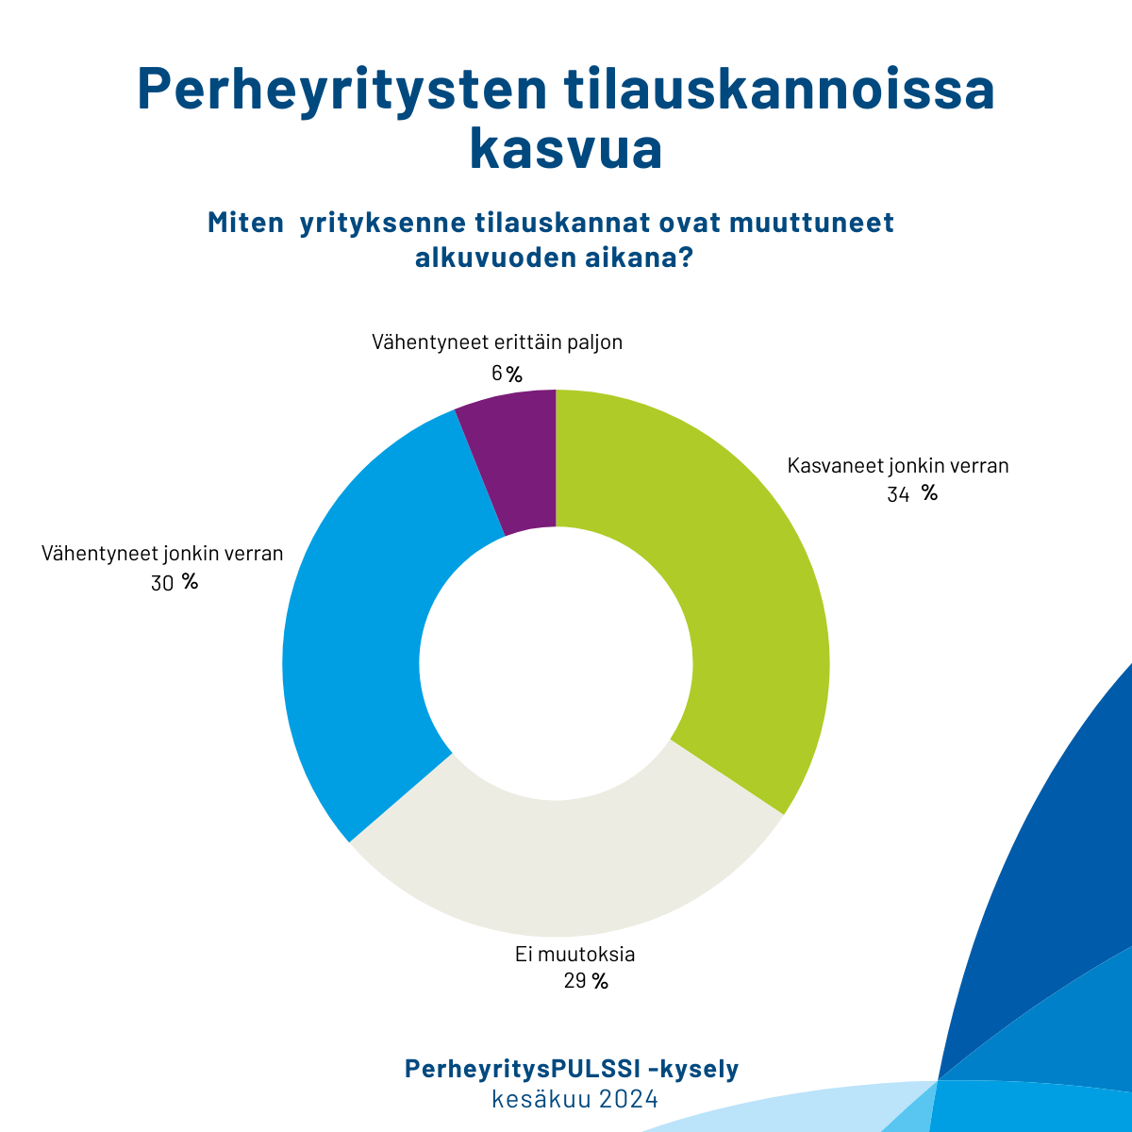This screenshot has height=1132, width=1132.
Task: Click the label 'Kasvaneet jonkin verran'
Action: coord(898,466)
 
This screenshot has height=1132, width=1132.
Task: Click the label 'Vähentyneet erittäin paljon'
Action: coord(497,341)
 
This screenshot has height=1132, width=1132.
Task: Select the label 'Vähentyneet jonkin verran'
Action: coord(162,554)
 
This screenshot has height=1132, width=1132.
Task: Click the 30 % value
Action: coord(175,583)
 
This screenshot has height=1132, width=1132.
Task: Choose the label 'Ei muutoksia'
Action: coord(575,954)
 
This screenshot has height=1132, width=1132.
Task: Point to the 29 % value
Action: coord(586,982)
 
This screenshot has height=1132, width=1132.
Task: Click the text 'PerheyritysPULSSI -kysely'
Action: coord(572,1069)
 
